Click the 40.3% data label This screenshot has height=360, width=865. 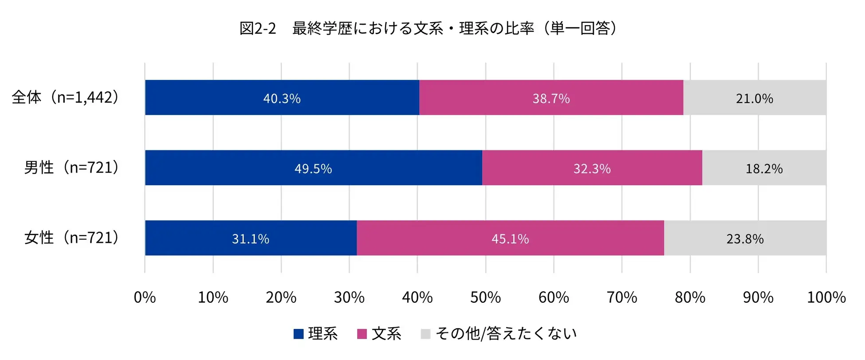pyautogui.click(x=282, y=98)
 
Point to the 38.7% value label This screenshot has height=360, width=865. pyautogui.click(x=551, y=98)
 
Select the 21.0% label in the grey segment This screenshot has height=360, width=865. pyautogui.click(x=754, y=98)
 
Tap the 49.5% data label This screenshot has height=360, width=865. pyautogui.click(x=313, y=169)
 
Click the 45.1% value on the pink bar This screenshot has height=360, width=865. pyautogui.click(x=510, y=239)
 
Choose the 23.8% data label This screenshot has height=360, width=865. pyautogui.click(x=745, y=239)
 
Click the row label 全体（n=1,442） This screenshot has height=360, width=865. pyautogui.click(x=66, y=97)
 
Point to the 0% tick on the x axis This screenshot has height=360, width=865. pyautogui.click(x=145, y=297)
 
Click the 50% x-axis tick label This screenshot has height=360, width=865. pyautogui.click(x=485, y=297)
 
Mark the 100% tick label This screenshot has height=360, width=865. pyautogui.click(x=826, y=297)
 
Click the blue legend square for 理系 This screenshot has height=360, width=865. pyautogui.click(x=299, y=334)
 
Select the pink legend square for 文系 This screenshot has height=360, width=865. pyautogui.click(x=362, y=334)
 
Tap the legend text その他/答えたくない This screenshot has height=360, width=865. pyautogui.click(x=506, y=333)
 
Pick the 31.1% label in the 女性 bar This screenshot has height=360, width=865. pyautogui.click(x=250, y=239)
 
